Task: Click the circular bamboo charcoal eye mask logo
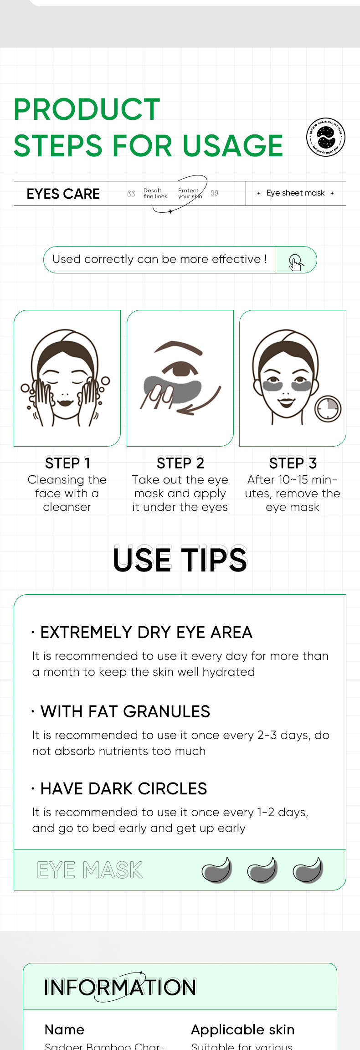tap(325, 137)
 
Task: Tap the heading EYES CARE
tap(63, 194)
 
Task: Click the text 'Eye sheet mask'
tap(295, 193)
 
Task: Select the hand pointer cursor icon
tap(296, 262)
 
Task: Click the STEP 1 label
tap(67, 463)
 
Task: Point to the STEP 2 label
tap(180, 463)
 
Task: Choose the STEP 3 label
tap(293, 463)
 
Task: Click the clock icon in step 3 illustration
tap(328, 408)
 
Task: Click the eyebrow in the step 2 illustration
tap(178, 347)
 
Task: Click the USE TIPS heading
tap(180, 560)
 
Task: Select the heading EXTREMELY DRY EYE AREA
tap(146, 633)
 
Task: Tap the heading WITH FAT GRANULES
tap(125, 711)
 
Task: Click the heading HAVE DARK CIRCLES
tap(123, 788)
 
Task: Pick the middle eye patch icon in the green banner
tap(262, 870)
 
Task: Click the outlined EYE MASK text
tap(90, 870)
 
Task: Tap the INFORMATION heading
tap(120, 987)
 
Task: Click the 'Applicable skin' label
tap(242, 1029)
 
